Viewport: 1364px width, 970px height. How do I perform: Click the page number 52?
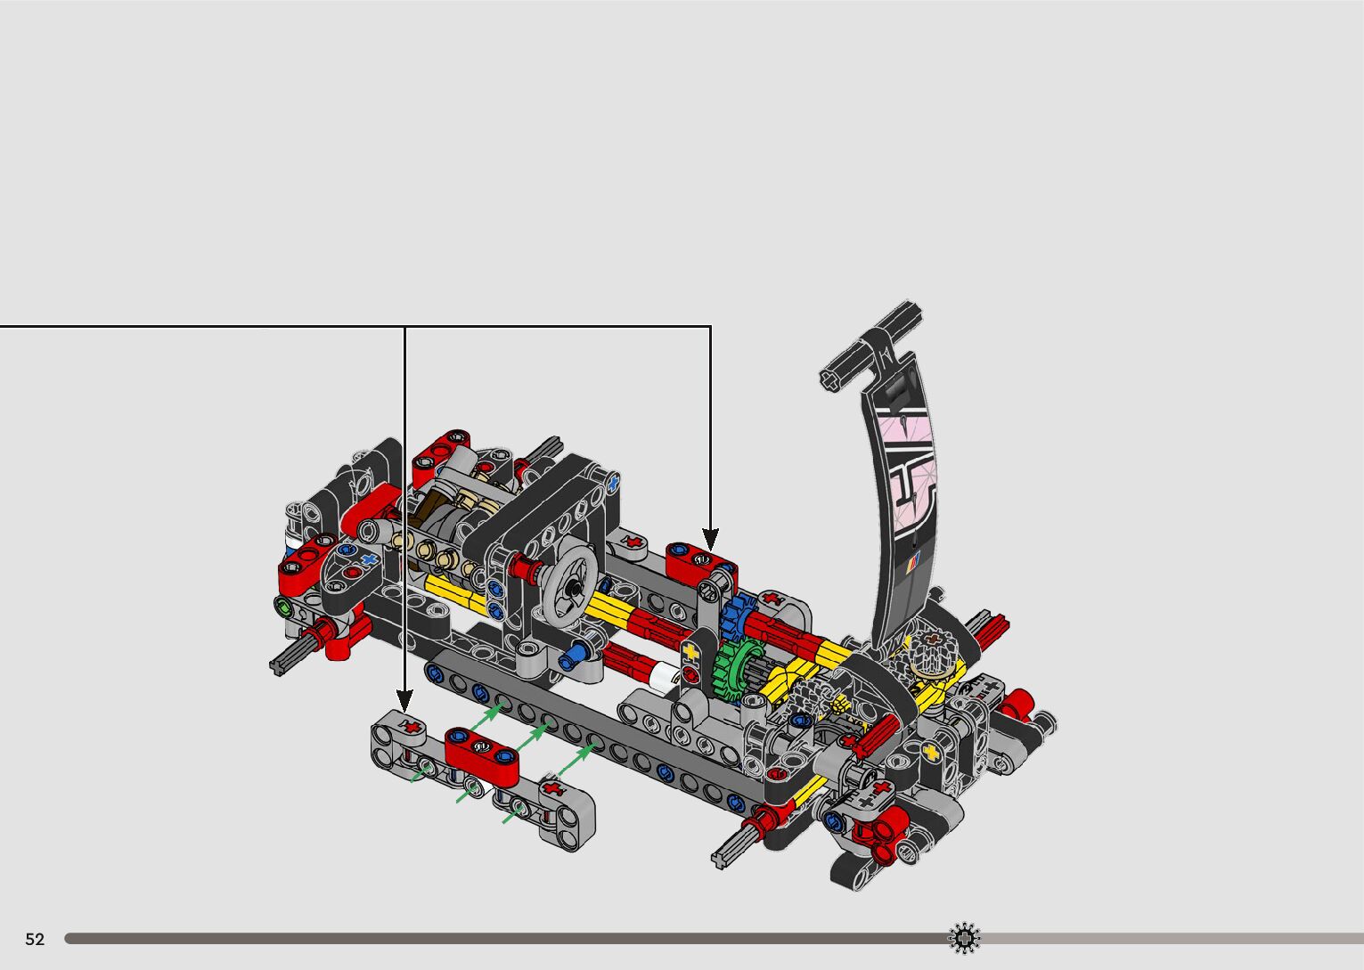point(35,939)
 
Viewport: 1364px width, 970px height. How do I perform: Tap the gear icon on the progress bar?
point(965,938)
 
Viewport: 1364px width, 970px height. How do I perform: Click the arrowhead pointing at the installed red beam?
point(711,540)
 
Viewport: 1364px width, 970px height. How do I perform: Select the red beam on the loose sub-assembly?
point(482,755)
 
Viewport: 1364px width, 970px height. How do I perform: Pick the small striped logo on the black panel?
point(913,563)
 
